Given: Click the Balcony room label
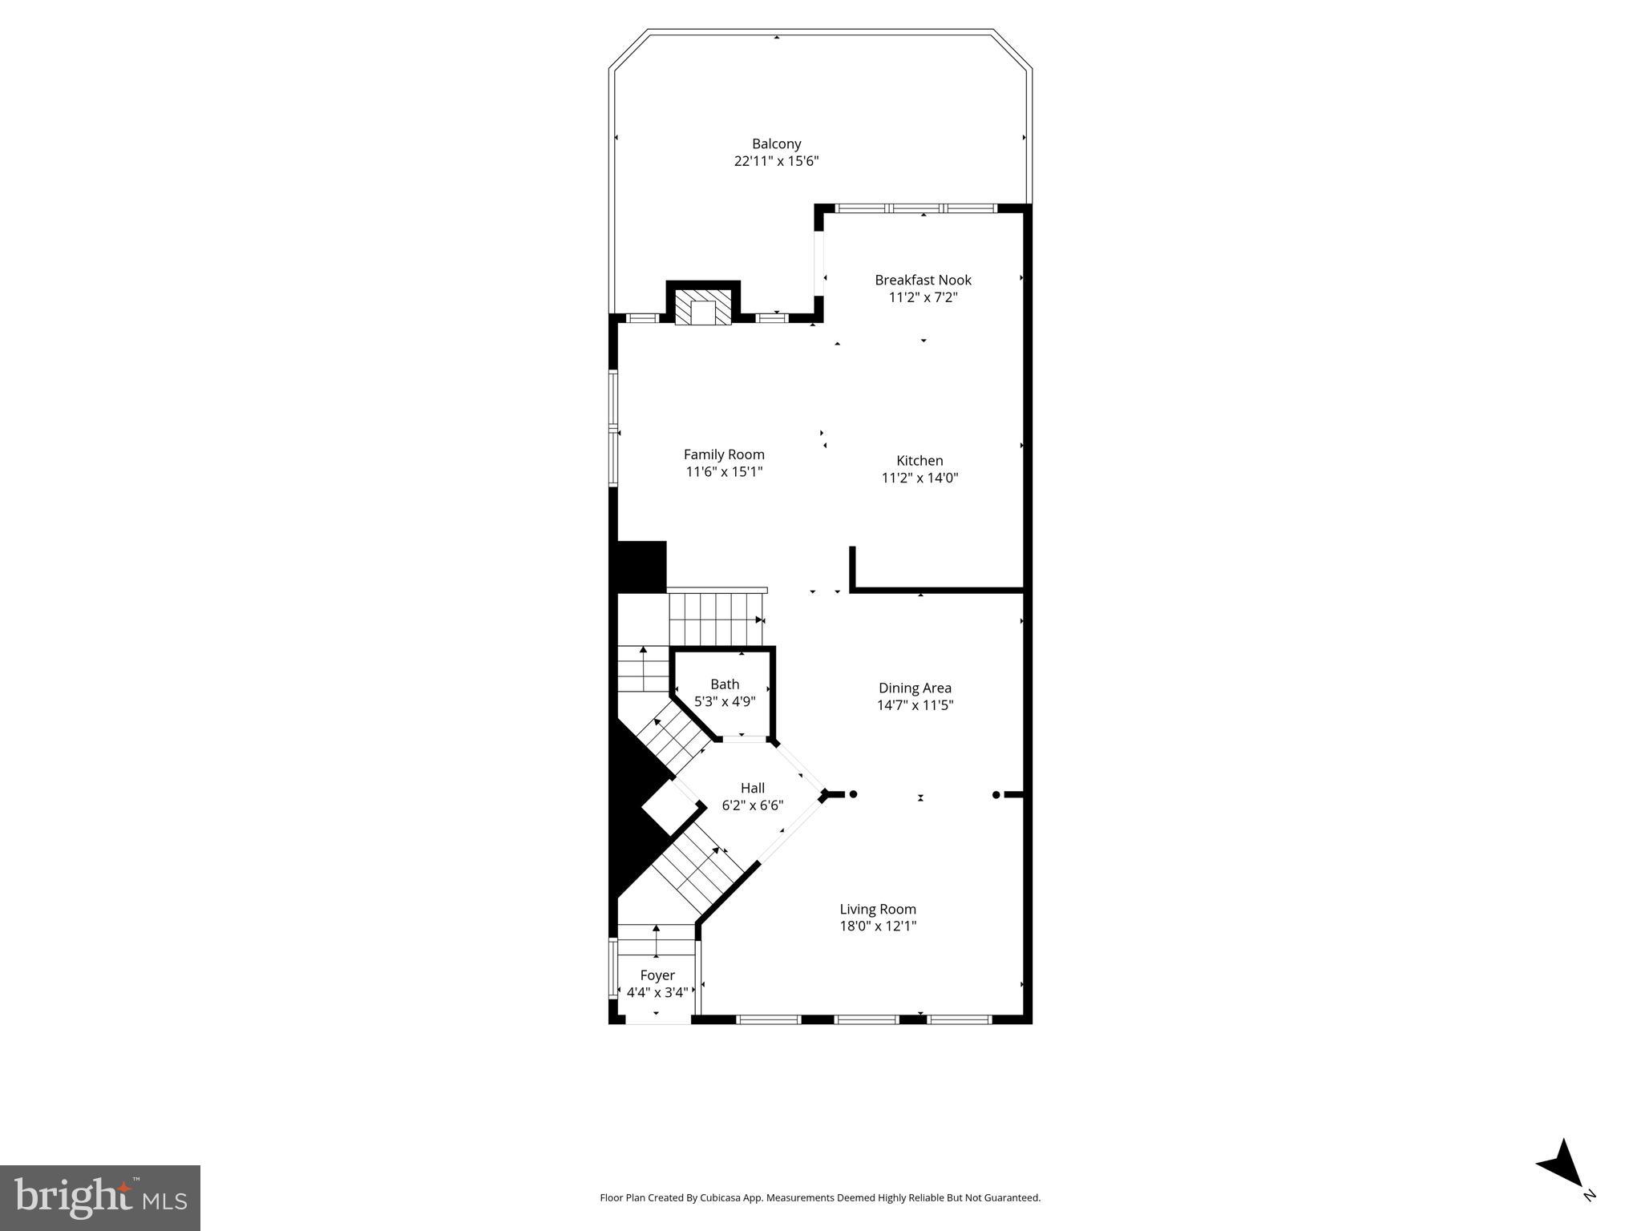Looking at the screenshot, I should (776, 144).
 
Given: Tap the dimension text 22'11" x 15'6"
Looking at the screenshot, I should (776, 161).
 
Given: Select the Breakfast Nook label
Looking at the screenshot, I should (923, 280).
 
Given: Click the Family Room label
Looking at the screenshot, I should (724, 454).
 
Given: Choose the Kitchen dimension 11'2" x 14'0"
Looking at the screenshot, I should (920, 478).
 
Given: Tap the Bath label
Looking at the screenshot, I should (725, 684).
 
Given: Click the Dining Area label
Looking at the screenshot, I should (915, 688).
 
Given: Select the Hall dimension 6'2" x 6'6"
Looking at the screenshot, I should (752, 805).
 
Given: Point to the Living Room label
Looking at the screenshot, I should (878, 909).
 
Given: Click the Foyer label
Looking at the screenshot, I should (657, 975).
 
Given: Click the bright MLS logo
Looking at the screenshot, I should (100, 1197).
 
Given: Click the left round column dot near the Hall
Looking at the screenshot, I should (854, 794).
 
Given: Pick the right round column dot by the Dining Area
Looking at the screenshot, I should (996, 795).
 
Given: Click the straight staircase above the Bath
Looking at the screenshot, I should (716, 620).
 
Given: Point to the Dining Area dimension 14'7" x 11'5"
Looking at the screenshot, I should (915, 705).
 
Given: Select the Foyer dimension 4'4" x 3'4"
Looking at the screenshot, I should (657, 992).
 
